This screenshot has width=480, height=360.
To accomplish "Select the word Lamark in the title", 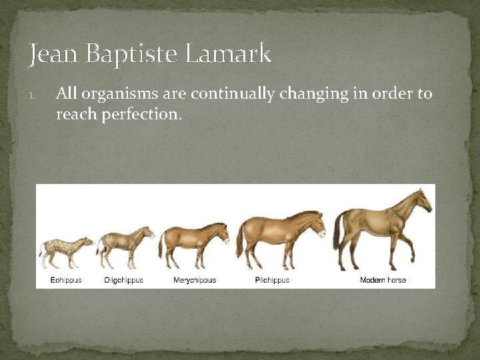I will (228, 53).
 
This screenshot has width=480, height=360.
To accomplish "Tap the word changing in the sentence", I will (313, 94).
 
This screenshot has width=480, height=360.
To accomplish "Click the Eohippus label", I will (66, 280).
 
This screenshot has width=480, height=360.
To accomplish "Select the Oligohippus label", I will (123, 280).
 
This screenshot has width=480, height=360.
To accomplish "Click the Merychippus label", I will (194, 280).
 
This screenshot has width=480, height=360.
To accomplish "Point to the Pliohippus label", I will (272, 280).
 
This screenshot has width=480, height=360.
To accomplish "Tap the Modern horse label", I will (383, 280).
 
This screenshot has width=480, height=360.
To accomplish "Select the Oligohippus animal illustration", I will (125, 243).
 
